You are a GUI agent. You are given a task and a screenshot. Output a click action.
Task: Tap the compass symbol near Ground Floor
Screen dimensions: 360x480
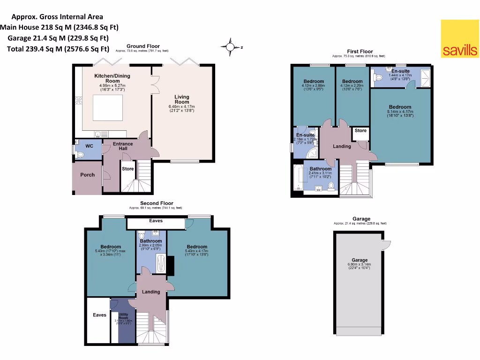click(230, 47)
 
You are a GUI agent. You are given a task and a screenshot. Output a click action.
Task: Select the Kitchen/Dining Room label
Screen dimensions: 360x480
click(112, 78)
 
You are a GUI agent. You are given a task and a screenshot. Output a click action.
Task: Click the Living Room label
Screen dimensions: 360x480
click(182, 99)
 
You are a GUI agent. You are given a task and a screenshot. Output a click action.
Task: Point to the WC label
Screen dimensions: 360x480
click(89, 146)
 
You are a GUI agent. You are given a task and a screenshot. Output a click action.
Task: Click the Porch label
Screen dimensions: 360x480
click(87, 175)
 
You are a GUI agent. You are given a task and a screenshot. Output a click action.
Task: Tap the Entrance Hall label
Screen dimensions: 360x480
click(123, 146)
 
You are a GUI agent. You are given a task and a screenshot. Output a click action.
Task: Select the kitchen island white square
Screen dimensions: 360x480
click(108, 107)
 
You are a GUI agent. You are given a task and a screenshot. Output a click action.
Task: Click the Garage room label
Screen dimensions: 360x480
click(360, 260)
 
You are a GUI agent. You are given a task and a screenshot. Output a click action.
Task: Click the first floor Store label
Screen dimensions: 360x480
click(360, 131)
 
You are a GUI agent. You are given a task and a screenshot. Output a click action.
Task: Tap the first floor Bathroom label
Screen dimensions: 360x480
click(320, 169)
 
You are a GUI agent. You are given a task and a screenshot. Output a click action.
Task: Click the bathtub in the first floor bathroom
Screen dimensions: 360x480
click(297, 178)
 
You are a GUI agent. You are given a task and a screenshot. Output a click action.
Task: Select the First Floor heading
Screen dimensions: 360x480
click(360, 51)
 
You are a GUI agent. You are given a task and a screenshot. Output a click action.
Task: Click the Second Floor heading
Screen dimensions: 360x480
click(156, 203)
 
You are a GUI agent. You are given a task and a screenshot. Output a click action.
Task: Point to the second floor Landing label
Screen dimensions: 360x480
click(151, 292)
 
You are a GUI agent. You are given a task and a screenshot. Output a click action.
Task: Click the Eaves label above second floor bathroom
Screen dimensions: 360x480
click(156, 220)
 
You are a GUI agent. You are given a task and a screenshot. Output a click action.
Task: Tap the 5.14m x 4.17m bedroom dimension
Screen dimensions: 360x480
click(400, 112)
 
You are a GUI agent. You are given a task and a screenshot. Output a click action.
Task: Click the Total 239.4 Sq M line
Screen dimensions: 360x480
click(58, 48)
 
